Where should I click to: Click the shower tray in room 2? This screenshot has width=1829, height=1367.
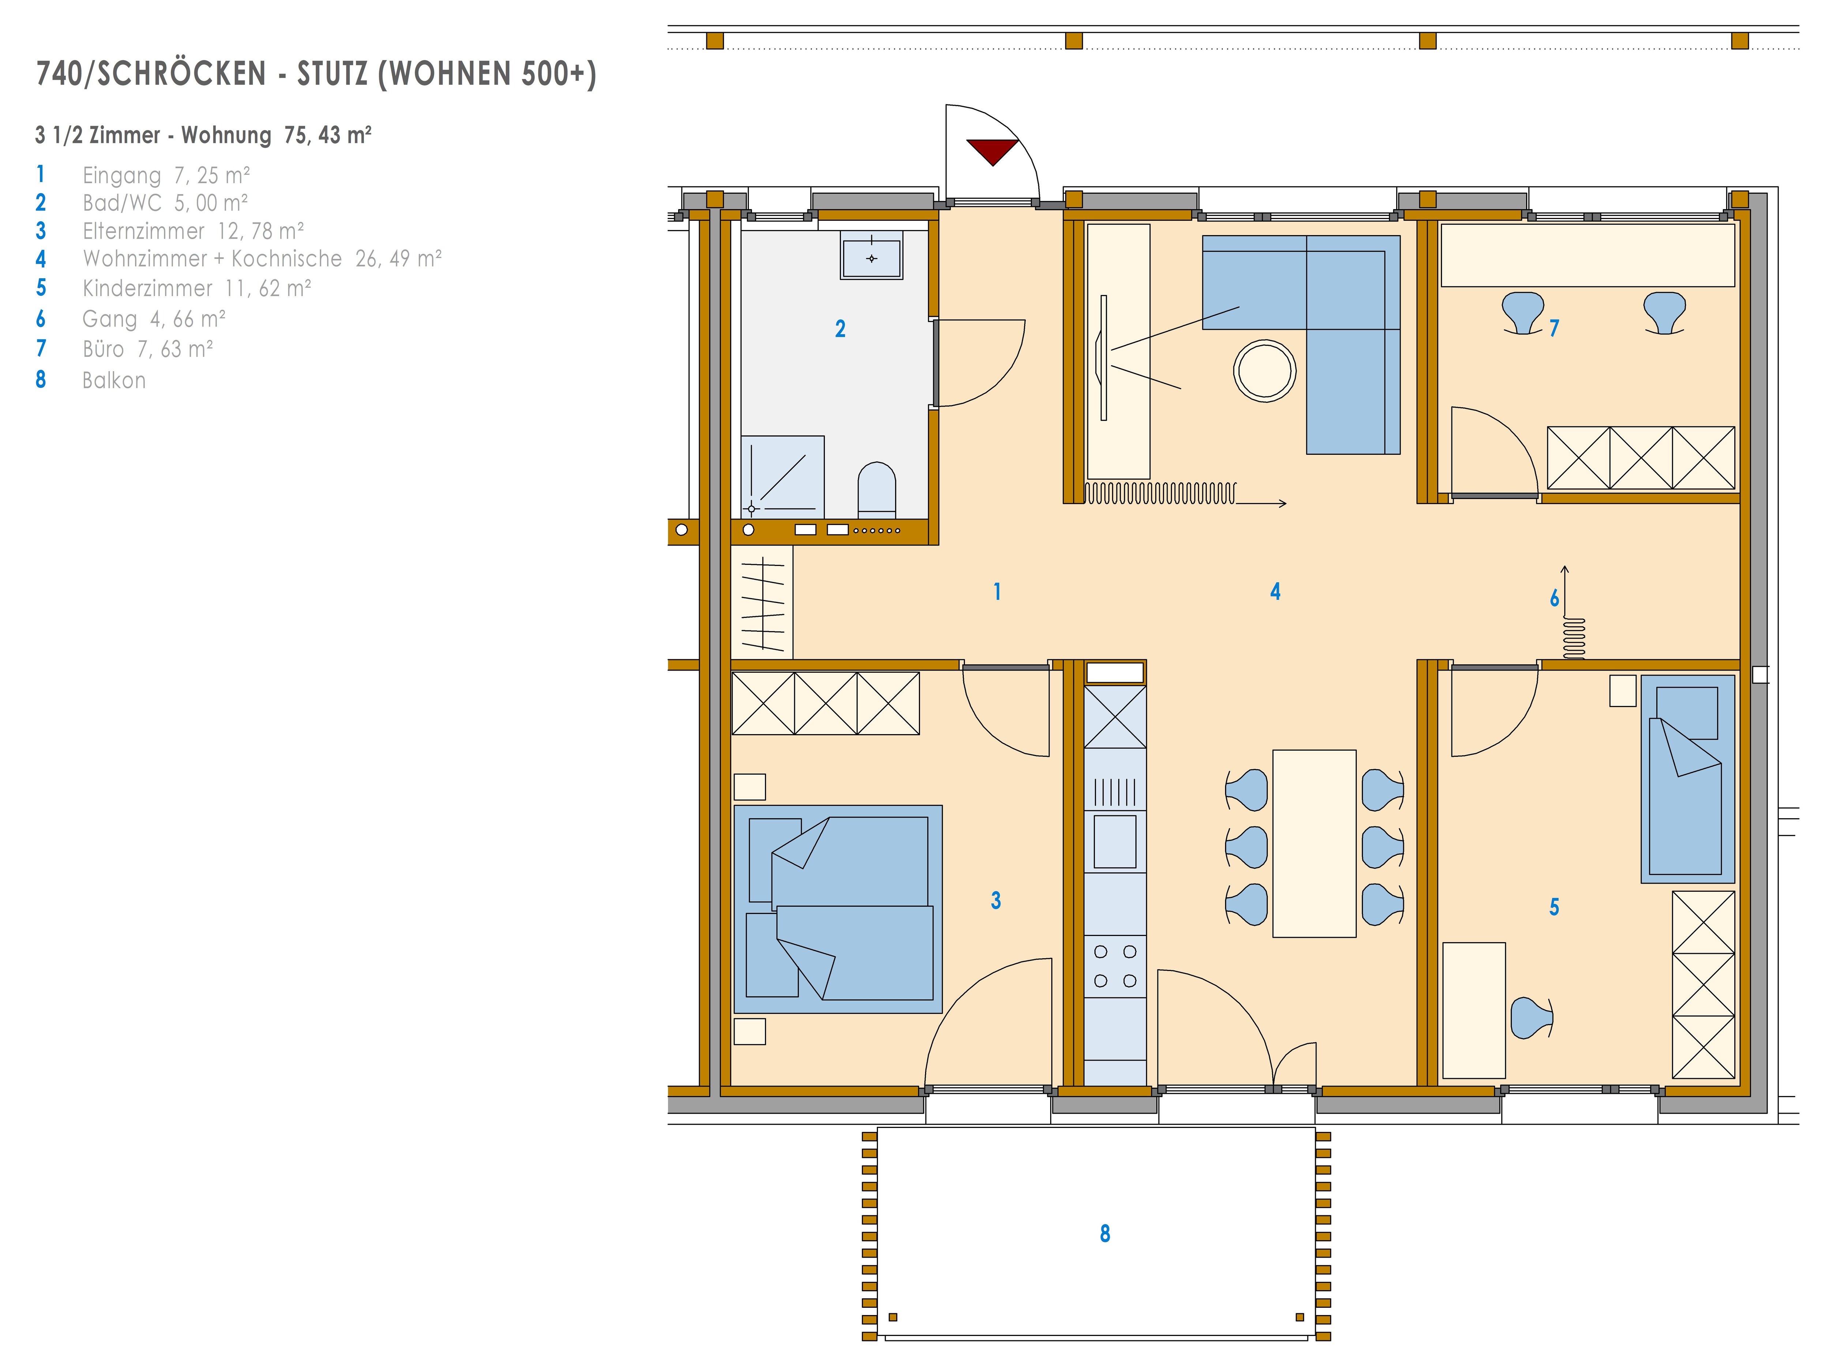pos(782,477)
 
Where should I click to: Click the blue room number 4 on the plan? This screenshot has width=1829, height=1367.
pos(1275,591)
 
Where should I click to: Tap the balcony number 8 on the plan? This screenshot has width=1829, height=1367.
pos(1105,1233)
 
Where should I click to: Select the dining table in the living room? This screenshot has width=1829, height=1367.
pos(1314,843)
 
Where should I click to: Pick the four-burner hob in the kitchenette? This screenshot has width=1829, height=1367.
pos(1115,966)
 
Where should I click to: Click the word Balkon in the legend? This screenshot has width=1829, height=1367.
pos(114,380)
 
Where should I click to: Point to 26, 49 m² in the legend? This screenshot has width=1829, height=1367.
pos(399,259)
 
